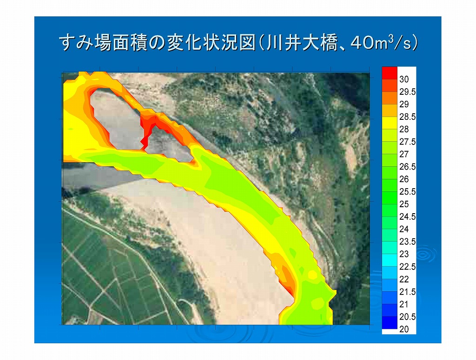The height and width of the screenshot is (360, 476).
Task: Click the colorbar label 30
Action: click(404, 79)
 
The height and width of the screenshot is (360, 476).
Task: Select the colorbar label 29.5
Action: click(407, 92)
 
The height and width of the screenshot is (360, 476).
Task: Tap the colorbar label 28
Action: click(404, 129)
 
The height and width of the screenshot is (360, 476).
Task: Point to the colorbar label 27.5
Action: click(407, 142)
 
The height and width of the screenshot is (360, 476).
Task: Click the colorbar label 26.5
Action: click(407, 166)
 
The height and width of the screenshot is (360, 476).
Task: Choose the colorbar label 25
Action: click(404, 204)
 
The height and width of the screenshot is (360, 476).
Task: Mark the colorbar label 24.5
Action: click(407, 216)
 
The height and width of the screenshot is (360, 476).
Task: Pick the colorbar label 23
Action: click(404, 254)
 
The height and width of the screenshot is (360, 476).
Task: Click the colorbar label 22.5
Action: click(407, 267)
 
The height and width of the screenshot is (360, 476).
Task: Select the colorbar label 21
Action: click(404, 304)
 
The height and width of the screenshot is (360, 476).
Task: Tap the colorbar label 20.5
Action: click(407, 317)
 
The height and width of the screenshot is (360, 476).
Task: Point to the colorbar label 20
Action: click(404, 329)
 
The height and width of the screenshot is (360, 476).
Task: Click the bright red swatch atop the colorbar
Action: click(390, 73)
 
